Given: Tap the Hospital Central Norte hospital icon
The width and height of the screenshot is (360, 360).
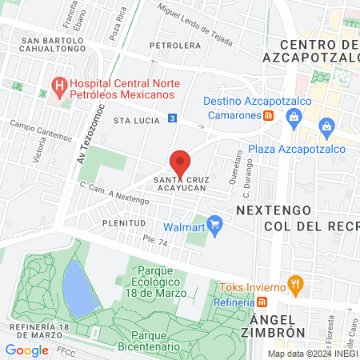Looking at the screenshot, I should point(58,84).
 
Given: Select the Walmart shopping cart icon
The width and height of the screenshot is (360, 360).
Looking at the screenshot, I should point(214,223).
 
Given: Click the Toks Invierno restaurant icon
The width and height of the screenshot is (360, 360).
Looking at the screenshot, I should point(296,282).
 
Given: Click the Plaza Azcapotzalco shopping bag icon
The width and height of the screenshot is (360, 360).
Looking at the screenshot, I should point(326,126).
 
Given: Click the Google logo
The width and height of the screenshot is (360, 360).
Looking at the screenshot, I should point(26,350).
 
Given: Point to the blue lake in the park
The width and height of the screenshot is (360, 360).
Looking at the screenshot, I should point(78,288).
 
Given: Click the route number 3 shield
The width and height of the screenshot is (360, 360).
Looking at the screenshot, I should point(173,118).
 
